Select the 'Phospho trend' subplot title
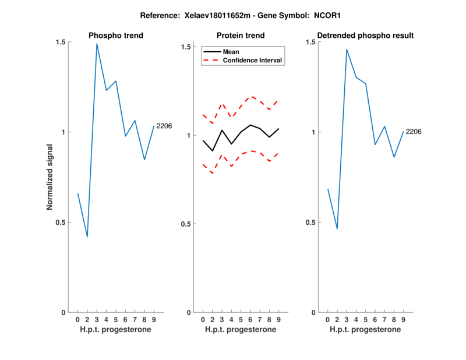pyautogui.click(x=116, y=36)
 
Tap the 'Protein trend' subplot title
pyautogui.click(x=241, y=36)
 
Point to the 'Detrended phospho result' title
pyautogui.click(x=365, y=36)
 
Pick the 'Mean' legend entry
pyautogui.click(x=231, y=52)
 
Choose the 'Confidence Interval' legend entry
pyautogui.click(x=253, y=61)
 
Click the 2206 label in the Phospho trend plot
pyautogui.click(x=164, y=126)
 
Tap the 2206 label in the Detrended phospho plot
pyautogui.click(x=413, y=132)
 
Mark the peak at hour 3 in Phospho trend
pyautogui.click(x=97, y=44)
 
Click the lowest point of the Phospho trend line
pyautogui.click(x=87, y=237)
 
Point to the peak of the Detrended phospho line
pyautogui.click(x=347, y=50)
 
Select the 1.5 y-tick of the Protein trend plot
pyautogui.click(x=188, y=47)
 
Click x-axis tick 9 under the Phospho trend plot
pyautogui.click(x=154, y=320)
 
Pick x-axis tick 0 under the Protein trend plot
pyautogui.click(x=203, y=320)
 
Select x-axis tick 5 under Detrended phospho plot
pyautogui.click(x=366, y=320)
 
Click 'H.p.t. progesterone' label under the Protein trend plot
pyautogui.click(x=241, y=330)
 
